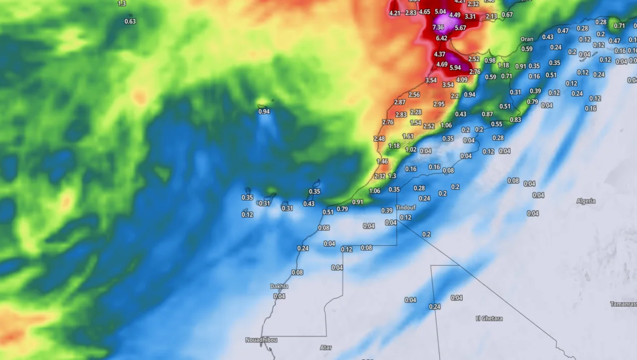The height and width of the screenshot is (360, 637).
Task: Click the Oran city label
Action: (x=527, y=39)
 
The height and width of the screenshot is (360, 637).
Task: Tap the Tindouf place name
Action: (x=406, y=208)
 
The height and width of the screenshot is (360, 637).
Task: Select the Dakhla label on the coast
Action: (x=279, y=286)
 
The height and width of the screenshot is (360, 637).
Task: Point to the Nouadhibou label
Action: (x=261, y=340)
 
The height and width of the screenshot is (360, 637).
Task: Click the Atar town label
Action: (x=325, y=348)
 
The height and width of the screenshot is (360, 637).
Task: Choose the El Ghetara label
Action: (x=488, y=319)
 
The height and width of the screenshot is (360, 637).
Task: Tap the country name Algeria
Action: (x=586, y=201)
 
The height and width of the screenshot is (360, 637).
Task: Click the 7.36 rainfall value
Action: (x=438, y=28)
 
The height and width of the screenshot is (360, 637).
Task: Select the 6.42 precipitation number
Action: (x=441, y=38)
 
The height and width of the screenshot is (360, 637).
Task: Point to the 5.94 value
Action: (x=455, y=67)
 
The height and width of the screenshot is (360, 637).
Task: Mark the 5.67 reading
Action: (x=460, y=28)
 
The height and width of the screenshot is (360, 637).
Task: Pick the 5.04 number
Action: (x=440, y=11)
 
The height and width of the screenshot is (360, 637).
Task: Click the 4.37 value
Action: (x=440, y=54)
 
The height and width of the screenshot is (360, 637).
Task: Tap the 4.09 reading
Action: (x=462, y=80)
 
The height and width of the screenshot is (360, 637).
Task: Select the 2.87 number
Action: (x=400, y=102)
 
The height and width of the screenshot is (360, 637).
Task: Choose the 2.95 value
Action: (x=438, y=104)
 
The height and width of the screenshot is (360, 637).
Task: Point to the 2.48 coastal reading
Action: (x=379, y=139)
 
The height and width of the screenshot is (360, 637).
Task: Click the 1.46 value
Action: (x=382, y=161)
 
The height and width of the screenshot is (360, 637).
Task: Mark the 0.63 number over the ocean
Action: (x=130, y=21)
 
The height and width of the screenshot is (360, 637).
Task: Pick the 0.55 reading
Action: (x=496, y=124)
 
